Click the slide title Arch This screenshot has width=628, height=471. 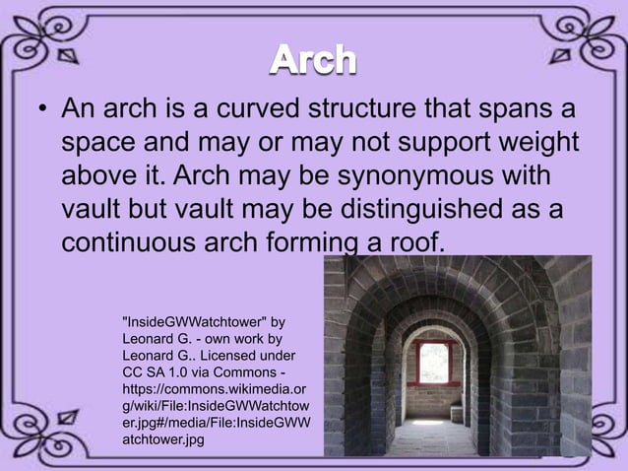[x=314, y=62]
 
